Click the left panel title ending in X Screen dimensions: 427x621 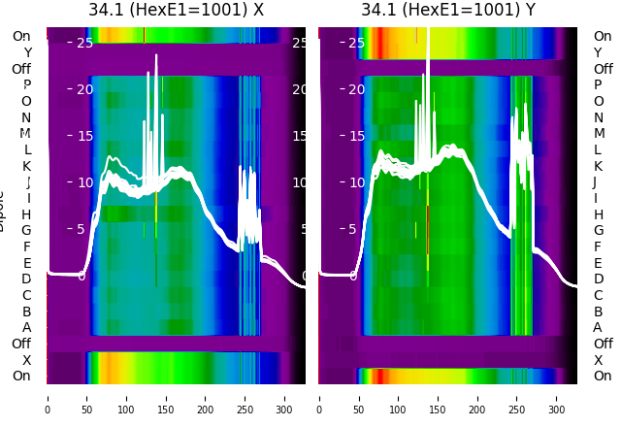coord(176,11)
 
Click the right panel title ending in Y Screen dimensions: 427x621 coord(448,11)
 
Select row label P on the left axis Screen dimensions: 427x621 coord(26,85)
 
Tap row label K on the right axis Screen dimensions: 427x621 coord(598,166)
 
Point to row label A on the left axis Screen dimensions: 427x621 coord(26,328)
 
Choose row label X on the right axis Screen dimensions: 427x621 coord(598,360)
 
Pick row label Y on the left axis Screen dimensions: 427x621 coord(26,53)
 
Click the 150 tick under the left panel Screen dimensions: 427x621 coord(166,397)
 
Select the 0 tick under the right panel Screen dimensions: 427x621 coord(320,397)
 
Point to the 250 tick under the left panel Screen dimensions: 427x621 coord(245,397)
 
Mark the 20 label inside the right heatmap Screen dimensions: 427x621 coord(355,89)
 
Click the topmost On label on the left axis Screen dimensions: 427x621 coord(21,37)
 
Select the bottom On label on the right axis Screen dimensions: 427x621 coord(603,377)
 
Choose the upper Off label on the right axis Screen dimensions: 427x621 coord(603,69)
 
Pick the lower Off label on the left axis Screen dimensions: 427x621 coord(21,344)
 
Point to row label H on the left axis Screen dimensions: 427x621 coord(26,214)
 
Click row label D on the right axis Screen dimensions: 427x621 coord(598,279)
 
